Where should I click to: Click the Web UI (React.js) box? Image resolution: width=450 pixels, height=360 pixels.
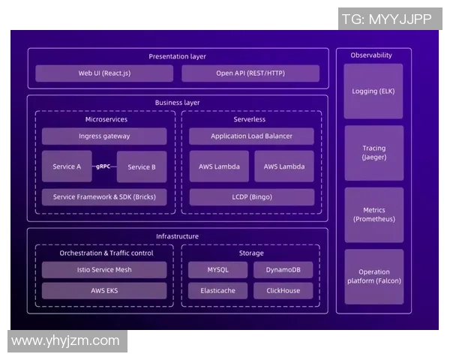[104, 73]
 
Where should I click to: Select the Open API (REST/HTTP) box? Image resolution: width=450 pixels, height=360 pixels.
[250, 73]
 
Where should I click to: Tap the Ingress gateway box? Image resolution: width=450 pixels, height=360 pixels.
[104, 136]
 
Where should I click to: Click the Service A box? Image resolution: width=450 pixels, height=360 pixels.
[67, 166]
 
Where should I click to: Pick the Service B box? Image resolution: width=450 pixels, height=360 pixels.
[142, 166]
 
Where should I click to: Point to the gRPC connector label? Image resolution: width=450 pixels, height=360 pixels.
[103, 166]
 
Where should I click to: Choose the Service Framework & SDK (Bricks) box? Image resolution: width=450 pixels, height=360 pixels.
[104, 197]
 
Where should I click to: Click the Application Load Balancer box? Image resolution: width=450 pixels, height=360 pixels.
[251, 136]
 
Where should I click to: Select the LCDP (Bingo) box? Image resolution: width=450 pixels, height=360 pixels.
[251, 197]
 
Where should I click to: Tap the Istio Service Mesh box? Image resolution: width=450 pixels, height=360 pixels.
[104, 270]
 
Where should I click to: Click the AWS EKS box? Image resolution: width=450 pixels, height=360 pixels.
[104, 290]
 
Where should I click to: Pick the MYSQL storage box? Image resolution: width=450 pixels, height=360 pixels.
[218, 270]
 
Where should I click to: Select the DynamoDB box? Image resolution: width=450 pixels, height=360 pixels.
[283, 270]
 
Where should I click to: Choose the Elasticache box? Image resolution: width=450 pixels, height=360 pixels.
[218, 290]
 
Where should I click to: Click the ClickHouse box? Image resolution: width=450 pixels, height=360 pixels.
[283, 290]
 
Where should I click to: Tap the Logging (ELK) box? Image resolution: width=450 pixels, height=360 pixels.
[373, 91]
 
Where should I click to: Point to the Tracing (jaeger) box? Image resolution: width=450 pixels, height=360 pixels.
[373, 153]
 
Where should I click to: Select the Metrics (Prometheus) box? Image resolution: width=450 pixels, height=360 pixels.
[373, 214]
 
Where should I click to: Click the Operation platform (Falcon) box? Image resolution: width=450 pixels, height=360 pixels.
[373, 276]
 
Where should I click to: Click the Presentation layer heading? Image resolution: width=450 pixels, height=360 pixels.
[177, 56]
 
